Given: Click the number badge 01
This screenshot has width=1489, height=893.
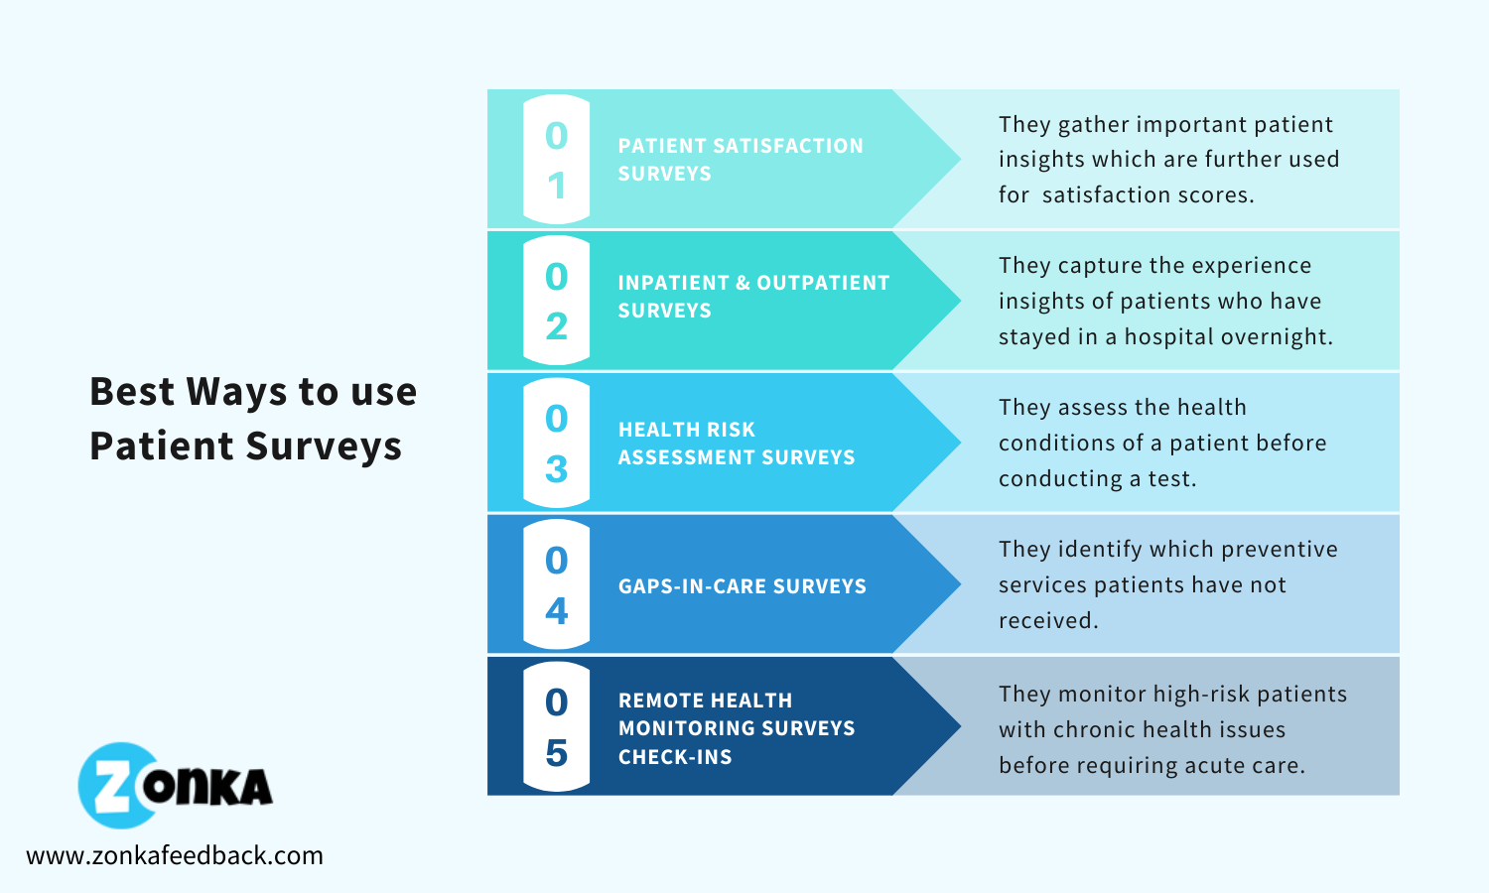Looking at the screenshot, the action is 556,160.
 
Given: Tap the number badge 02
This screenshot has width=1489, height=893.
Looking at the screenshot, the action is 556,301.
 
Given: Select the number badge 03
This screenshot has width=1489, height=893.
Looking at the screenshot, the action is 556,443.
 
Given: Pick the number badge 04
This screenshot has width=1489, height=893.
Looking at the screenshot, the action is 556,584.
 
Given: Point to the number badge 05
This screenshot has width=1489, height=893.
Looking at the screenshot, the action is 556,726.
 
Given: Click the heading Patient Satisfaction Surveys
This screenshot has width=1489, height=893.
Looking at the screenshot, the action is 741,160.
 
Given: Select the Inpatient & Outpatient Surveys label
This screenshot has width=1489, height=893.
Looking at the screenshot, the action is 753,297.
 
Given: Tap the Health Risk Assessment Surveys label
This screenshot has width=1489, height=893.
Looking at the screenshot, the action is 737,444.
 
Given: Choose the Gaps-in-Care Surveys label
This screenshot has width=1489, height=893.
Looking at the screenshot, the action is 743,586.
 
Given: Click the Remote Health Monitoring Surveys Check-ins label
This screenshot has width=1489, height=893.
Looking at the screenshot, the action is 737,728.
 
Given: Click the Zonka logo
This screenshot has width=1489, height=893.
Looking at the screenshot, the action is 176,786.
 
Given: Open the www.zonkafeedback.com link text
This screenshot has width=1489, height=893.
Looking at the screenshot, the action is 175,855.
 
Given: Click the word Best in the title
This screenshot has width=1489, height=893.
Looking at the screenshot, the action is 132,391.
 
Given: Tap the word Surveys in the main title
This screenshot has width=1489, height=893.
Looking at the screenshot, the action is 324,446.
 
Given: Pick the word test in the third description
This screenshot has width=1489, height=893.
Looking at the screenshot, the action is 1172,479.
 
